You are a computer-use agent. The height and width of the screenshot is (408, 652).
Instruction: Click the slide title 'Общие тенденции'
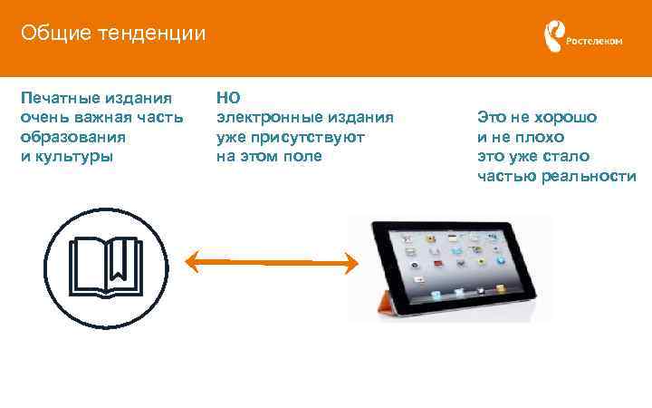[113, 34]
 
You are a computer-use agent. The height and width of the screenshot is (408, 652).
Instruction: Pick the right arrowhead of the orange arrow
[350, 263]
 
